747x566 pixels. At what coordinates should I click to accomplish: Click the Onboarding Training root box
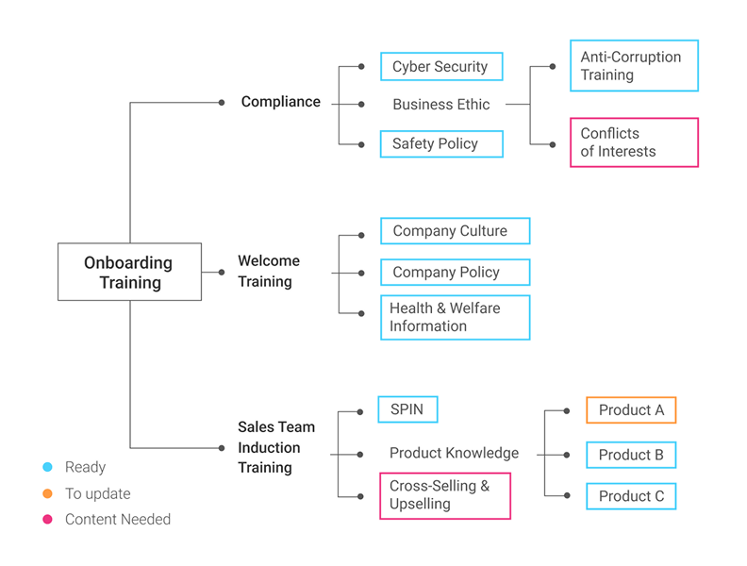129,272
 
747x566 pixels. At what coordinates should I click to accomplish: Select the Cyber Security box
440,67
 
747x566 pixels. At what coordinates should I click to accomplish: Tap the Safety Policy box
440,143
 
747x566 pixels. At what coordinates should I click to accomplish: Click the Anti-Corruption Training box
634,66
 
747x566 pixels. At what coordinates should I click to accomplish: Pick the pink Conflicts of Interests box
634,142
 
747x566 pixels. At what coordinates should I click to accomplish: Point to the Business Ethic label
441,105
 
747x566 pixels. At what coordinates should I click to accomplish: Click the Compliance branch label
281,102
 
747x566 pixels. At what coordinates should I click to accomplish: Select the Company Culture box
455,231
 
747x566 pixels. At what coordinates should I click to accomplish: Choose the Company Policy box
455,272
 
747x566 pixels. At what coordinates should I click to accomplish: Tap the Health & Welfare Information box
455,317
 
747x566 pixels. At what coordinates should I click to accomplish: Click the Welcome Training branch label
269,271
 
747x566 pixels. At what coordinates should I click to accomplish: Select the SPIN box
407,409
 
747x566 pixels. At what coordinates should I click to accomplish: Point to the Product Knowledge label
454,453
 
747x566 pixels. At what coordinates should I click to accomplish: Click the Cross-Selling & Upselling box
444,495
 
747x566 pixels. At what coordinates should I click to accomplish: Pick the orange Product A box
631,410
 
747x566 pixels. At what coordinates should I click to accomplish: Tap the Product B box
631,455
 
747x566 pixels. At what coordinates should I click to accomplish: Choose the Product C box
631,496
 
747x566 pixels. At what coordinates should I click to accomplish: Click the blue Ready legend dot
47,467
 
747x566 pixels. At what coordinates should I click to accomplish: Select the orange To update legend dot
47,493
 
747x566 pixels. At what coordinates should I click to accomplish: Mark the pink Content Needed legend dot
47,519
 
